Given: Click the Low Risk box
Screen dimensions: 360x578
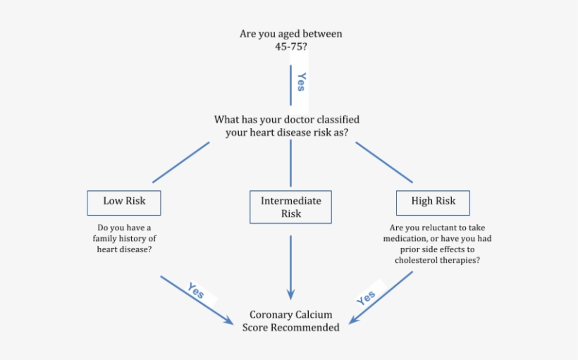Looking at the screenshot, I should click(x=124, y=201).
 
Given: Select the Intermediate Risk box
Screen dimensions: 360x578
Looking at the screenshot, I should click(x=290, y=207).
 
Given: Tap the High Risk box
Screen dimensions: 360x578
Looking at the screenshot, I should click(x=433, y=201).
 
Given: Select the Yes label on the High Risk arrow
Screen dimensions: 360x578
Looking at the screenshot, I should click(x=367, y=298).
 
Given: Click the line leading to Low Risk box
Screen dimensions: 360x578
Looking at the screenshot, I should click(x=180, y=162).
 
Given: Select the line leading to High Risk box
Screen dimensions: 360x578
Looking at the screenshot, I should click(x=384, y=162).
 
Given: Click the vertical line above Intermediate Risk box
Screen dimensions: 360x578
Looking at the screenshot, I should click(x=290, y=163).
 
